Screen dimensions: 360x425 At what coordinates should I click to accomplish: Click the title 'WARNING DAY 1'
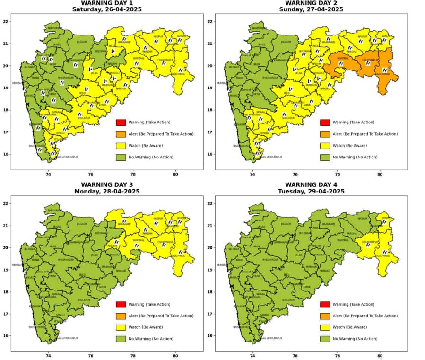106,2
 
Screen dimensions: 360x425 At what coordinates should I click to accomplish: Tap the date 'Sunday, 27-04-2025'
311,9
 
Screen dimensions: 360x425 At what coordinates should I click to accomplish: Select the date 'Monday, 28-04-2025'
106,191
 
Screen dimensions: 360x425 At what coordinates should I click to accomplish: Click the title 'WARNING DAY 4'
311,184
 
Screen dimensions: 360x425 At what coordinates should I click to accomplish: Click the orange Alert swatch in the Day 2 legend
325,134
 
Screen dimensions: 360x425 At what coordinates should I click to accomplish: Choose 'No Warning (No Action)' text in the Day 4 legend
355,339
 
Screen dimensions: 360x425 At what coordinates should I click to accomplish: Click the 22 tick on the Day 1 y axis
6,22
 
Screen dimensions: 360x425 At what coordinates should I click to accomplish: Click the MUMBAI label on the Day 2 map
222,83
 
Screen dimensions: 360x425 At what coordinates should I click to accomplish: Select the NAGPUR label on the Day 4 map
363,219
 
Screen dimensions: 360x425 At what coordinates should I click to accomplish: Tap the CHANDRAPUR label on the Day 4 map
370,242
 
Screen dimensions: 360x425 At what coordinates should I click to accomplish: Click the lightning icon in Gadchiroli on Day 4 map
384,252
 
